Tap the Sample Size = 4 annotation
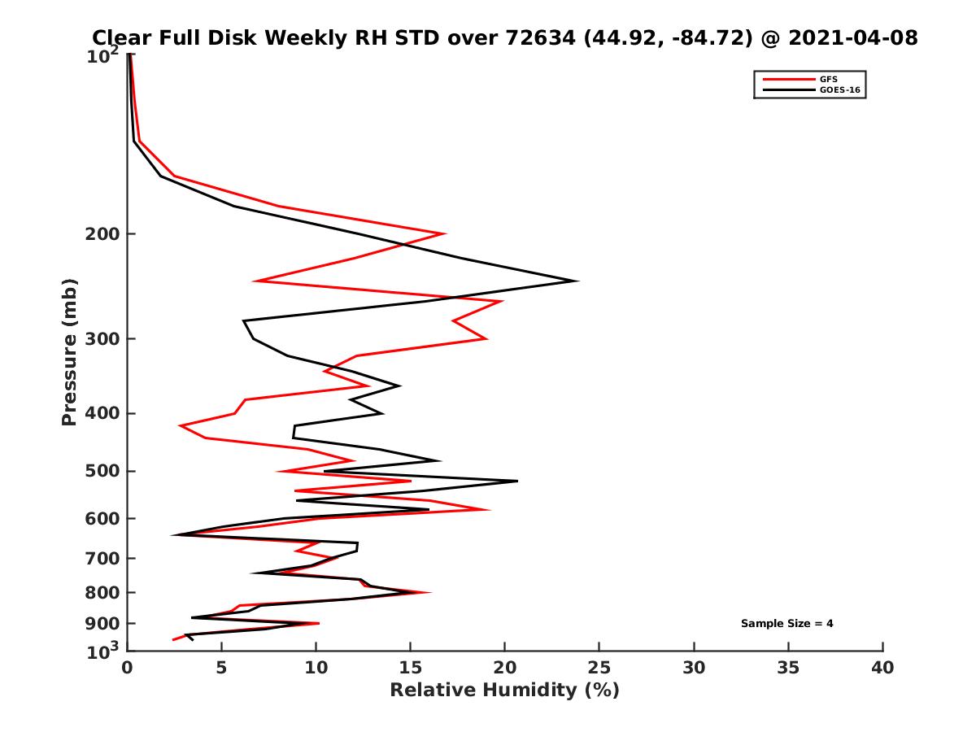[786, 624]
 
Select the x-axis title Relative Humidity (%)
[504, 691]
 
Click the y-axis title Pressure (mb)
[69, 352]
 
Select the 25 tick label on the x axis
[599, 669]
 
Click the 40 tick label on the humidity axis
[882, 669]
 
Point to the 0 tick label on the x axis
[128, 669]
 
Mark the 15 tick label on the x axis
[411, 669]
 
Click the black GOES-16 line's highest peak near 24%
[577, 281]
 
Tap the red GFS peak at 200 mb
[444, 234]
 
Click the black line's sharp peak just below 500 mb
[516, 481]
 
